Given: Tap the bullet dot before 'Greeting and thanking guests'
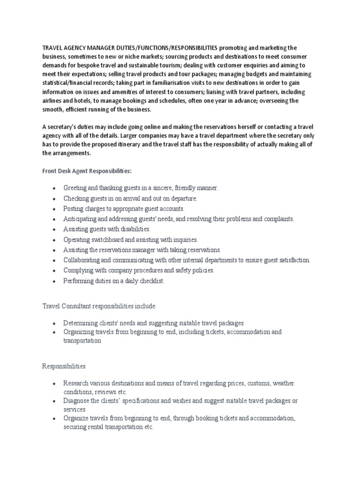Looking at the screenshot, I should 55,188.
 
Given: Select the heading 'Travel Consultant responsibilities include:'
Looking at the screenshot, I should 100,306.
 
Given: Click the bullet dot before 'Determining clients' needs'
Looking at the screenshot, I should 55,324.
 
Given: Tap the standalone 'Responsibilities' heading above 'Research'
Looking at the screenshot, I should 64,366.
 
